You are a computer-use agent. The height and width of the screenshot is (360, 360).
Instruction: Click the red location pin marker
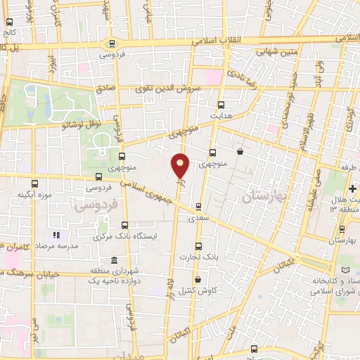click(x=181, y=166)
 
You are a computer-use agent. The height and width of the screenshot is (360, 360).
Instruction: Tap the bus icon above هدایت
click(x=221, y=103)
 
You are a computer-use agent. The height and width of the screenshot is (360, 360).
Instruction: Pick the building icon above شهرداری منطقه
click(x=113, y=262)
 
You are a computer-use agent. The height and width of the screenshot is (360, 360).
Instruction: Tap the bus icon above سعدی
click(x=198, y=207)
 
